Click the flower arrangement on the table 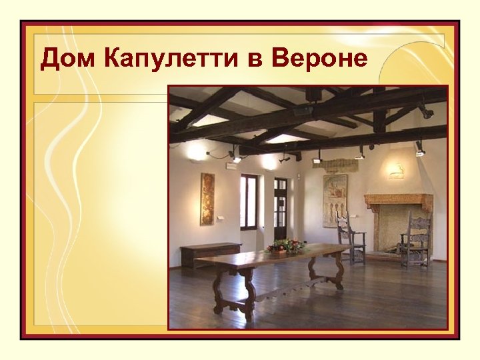pos(285,247)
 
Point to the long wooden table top pos(280,257)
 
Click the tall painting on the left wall pos(207,199)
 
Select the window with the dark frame pos(249,201)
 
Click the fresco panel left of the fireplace pos(335,200)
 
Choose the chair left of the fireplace pos(350,239)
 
